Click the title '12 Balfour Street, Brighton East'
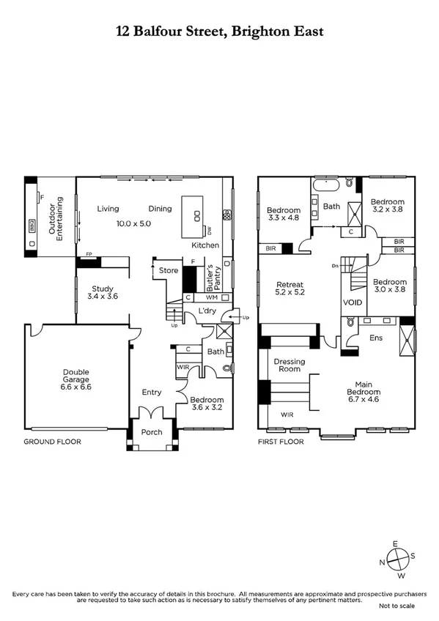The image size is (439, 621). [219, 31]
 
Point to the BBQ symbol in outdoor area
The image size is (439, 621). [32, 225]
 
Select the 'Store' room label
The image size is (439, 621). [169, 271]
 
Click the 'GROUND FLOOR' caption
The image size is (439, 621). [52, 442]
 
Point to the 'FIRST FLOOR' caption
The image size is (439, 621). [284, 442]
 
